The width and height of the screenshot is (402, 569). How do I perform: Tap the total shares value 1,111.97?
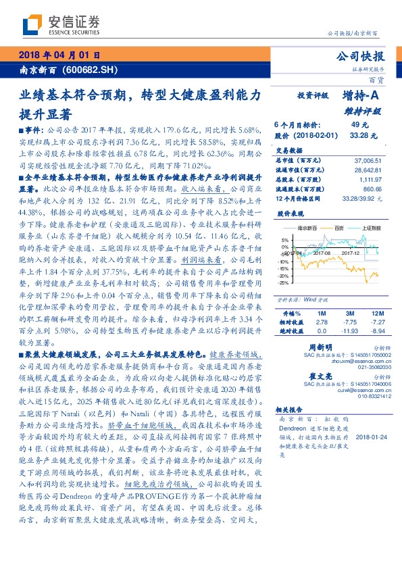pos(370,181)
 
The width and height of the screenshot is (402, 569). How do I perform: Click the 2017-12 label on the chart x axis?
pos(349,254)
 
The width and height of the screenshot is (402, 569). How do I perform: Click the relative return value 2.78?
pos(322,322)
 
